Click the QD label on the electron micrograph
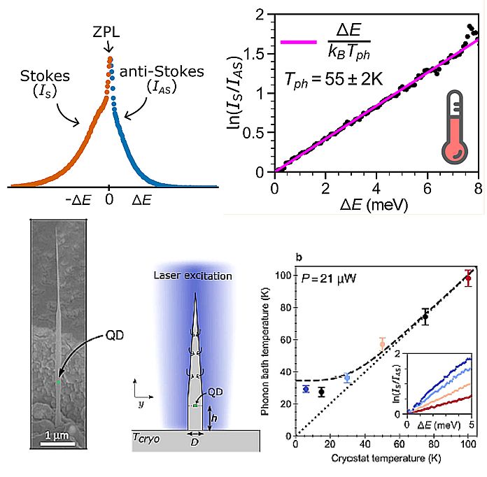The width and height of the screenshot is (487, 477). (117, 335)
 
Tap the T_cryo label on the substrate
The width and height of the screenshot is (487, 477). (147, 438)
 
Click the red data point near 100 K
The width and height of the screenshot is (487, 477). (468, 278)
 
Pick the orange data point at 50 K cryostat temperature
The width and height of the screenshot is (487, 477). (382, 343)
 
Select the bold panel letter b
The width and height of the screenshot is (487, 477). (299, 258)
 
